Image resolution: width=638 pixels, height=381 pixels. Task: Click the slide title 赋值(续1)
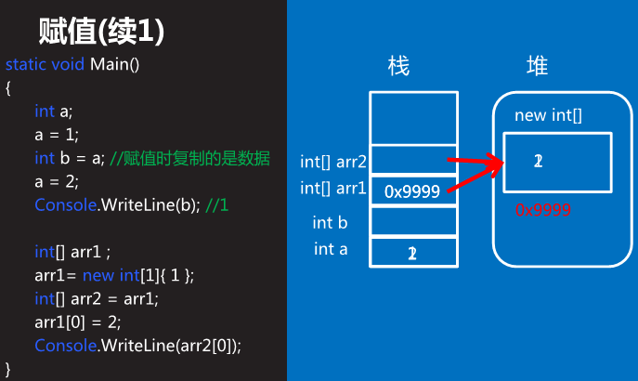[101, 31]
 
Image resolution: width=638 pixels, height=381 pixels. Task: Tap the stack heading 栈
[398, 66]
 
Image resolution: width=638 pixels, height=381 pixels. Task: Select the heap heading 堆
[536, 66]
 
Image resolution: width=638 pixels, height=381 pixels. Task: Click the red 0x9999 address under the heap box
[542, 210]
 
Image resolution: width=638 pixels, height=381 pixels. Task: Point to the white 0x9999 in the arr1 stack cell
[411, 191]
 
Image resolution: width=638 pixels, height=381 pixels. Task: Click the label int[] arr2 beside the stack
[333, 162]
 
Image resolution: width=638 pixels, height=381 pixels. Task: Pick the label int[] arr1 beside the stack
[333, 189]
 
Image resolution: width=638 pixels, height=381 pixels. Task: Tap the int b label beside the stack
[330, 222]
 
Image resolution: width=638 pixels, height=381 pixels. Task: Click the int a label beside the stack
[330, 249]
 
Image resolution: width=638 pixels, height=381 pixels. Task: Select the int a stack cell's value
[411, 253]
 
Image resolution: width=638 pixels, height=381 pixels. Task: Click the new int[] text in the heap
[548, 115]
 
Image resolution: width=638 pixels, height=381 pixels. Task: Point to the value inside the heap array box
[538, 162]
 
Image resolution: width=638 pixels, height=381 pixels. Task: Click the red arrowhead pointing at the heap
[493, 165]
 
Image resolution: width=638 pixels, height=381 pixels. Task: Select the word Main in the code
[110, 64]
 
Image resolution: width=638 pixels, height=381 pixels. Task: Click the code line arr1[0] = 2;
[78, 322]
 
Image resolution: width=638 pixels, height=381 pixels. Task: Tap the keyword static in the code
[25, 64]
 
